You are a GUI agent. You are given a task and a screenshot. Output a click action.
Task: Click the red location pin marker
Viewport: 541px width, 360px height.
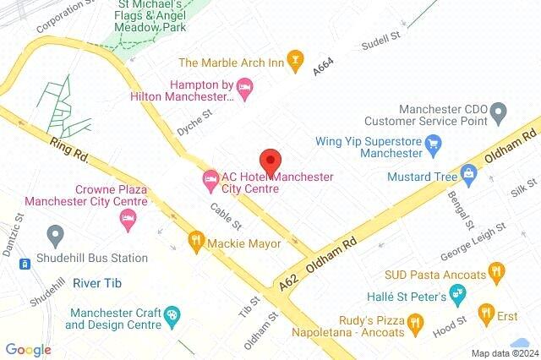coord(270,161)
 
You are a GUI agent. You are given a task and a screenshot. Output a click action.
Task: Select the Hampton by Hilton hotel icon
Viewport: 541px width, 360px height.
coord(245,87)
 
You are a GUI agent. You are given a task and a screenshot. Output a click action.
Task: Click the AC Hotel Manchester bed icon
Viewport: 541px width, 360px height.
coord(209,177)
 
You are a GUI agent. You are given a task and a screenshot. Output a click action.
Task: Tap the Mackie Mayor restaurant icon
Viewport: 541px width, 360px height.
coord(197,240)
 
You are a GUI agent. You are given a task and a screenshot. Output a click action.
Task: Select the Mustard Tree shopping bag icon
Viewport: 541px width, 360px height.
coord(470,176)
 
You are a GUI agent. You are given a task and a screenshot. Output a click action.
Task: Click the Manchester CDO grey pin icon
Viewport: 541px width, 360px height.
coord(499,111)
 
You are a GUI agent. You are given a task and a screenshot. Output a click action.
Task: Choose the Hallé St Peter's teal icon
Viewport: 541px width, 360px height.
coord(457,294)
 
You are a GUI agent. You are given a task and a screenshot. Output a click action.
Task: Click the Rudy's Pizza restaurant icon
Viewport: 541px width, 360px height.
coord(414,321)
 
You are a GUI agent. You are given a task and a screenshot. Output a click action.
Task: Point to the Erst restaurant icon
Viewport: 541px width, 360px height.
coord(485,314)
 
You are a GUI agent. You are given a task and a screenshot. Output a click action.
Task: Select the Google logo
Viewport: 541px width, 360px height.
coord(28,349)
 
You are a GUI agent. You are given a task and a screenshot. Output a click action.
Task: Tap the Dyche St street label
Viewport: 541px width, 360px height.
coord(194,123)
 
